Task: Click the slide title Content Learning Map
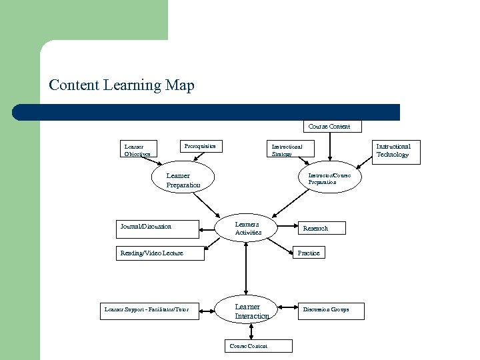pos(121,85)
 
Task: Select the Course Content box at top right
pos(329,126)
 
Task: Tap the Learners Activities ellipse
pos(247,228)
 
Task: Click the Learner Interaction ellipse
pos(251,311)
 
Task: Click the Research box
pos(321,228)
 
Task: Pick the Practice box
pos(309,253)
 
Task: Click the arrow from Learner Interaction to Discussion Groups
pos(285,309)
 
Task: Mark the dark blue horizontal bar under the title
pos(207,112)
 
